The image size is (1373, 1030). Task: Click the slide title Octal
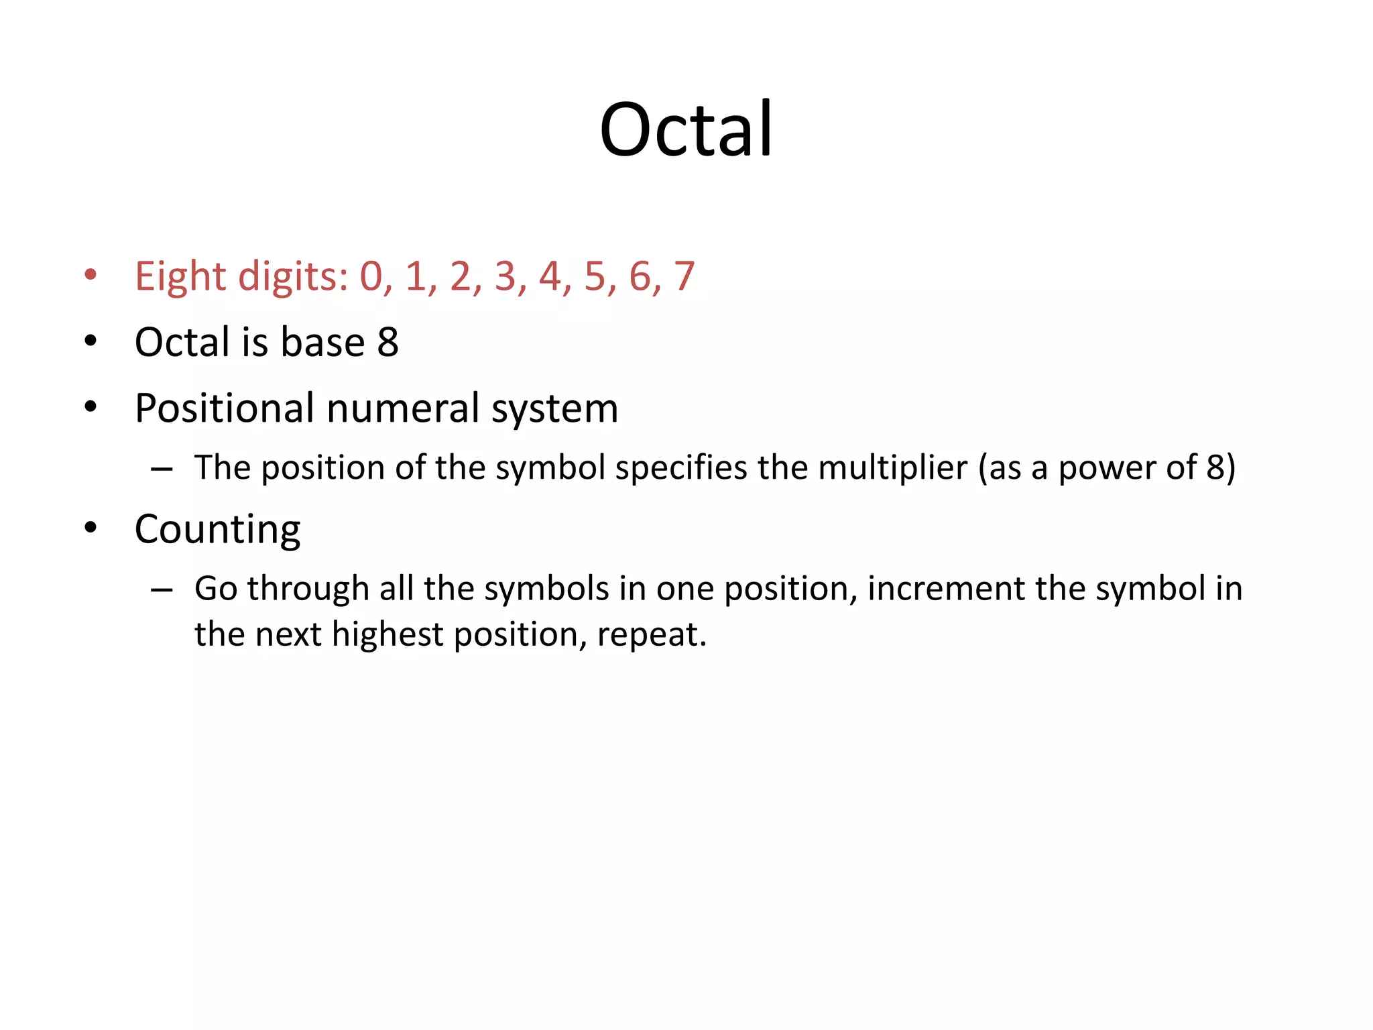coord(686,129)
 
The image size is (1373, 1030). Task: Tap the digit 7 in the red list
coord(684,276)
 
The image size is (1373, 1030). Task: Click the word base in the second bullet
coord(322,342)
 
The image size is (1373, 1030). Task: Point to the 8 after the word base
coord(387,342)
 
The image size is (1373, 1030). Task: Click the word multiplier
coord(892,468)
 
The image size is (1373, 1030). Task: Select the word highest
coord(387,634)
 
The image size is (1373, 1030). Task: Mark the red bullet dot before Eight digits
coord(91,274)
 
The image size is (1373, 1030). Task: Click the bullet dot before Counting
coord(91,528)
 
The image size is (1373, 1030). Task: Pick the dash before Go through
coord(162,589)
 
